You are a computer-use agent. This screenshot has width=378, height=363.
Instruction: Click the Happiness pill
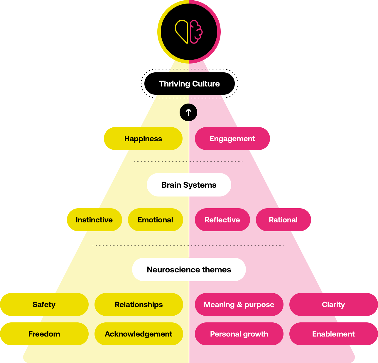(x=143, y=139)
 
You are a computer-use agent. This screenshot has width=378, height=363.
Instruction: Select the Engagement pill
(x=232, y=139)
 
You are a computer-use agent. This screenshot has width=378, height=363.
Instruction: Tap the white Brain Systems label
(x=189, y=185)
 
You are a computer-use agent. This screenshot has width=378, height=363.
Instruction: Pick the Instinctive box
(x=94, y=220)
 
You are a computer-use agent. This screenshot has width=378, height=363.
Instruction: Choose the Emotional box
(x=155, y=220)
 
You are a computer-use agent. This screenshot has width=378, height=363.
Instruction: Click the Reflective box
(x=222, y=220)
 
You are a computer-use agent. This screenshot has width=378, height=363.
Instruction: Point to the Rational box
(x=283, y=220)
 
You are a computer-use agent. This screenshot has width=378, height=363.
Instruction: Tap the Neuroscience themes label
(x=189, y=269)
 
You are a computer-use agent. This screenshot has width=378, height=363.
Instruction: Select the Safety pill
(x=44, y=304)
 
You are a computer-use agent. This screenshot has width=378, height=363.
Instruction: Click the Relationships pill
(x=139, y=304)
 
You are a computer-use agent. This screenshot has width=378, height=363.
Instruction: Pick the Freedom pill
(x=44, y=334)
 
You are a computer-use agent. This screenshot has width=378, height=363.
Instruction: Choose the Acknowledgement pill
(x=139, y=334)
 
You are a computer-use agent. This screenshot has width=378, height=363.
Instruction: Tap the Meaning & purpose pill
(x=239, y=304)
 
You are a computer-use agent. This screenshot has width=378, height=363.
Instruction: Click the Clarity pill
(x=333, y=304)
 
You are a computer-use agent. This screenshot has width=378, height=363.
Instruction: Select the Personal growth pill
(x=239, y=334)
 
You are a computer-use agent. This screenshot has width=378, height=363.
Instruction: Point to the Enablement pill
(x=333, y=334)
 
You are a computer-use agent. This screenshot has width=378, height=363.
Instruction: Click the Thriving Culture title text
(x=189, y=84)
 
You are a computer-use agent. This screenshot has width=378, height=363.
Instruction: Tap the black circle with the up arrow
(x=188, y=112)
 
